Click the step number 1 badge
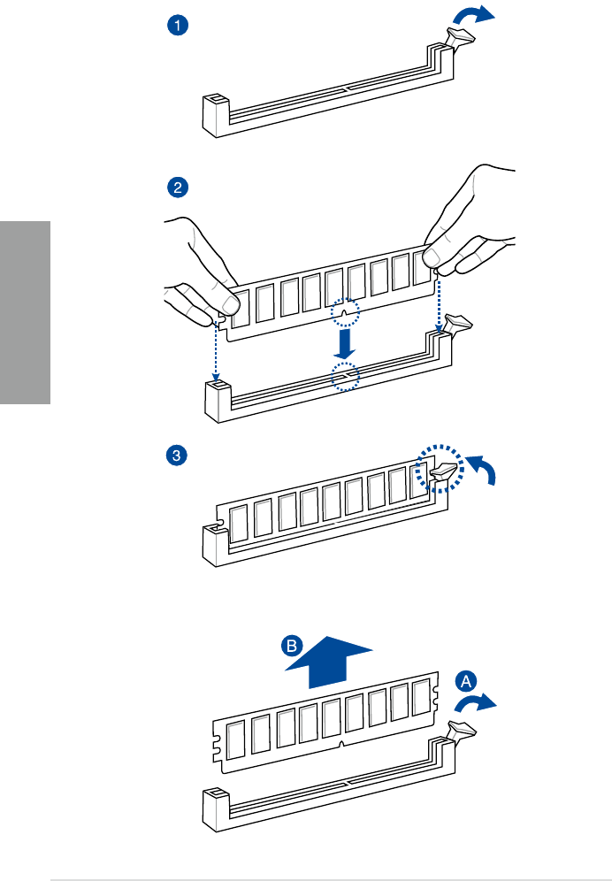coord(178,26)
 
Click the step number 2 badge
coord(178,187)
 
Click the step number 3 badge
coord(178,456)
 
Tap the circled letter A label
coord(466,680)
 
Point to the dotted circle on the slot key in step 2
coord(345,378)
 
